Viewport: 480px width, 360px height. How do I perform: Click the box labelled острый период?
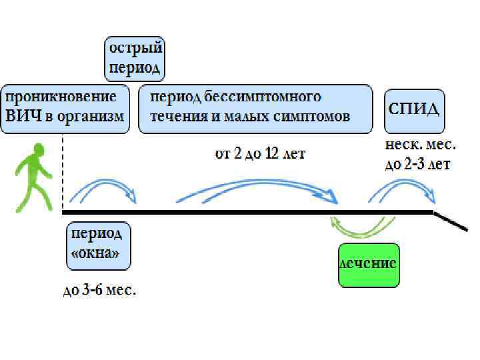[136, 59]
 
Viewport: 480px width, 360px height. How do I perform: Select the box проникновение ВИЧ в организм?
[65, 107]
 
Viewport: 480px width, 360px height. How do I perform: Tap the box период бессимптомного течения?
[256, 107]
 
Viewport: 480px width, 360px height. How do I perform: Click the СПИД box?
[413, 109]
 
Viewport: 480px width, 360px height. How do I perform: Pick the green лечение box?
[369, 264]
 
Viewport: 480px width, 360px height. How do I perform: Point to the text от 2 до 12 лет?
[260, 154]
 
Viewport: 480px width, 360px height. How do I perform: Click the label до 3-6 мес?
[99, 291]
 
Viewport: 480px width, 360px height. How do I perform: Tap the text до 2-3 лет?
[418, 165]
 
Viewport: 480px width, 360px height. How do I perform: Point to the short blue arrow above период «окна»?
[103, 187]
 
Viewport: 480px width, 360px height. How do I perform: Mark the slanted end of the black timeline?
[450, 221]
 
